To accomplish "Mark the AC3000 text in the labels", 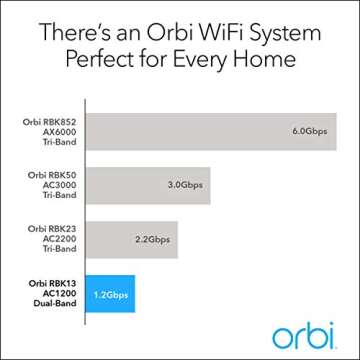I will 62,185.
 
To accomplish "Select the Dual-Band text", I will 58,306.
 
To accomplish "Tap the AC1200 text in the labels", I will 62,296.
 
